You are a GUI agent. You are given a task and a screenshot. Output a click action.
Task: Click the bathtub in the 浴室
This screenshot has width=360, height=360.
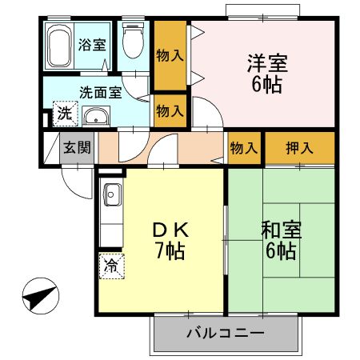point(59,46)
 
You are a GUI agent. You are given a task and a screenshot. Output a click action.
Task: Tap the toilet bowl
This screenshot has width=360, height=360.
point(134,41)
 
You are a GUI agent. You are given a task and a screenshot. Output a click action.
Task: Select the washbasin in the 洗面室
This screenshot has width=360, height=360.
point(96,117)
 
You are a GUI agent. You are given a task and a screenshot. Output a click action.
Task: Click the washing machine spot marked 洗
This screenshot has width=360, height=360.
point(66,114)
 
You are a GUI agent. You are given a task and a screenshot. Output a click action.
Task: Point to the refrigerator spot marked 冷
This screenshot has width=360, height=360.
point(112,266)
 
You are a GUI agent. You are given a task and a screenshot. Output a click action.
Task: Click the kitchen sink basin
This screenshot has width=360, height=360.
point(112,194)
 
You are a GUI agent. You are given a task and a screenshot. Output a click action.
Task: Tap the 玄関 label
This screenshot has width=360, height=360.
point(77,147)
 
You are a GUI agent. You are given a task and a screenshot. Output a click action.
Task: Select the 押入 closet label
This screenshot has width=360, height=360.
point(299,148)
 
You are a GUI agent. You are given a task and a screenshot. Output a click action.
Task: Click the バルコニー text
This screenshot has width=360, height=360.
point(226,333)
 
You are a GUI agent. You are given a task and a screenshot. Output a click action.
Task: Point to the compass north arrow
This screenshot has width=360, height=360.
point(41,296)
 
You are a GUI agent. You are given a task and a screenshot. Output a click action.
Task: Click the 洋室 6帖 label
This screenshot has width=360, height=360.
point(267,73)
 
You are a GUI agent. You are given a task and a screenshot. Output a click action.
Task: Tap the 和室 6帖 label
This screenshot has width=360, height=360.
point(282,240)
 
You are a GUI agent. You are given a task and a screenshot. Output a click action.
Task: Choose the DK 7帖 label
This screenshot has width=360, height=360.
point(170,240)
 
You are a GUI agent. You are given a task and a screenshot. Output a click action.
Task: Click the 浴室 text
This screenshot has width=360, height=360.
point(92,45)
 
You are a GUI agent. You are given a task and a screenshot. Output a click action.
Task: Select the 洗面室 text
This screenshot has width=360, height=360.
point(101,92)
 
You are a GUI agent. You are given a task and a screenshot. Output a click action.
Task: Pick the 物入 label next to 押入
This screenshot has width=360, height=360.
point(244,148)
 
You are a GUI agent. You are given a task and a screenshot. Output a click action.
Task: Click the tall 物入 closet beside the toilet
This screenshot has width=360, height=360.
point(170,56)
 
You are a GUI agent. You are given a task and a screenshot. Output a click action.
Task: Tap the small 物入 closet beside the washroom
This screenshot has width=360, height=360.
point(170,110)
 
